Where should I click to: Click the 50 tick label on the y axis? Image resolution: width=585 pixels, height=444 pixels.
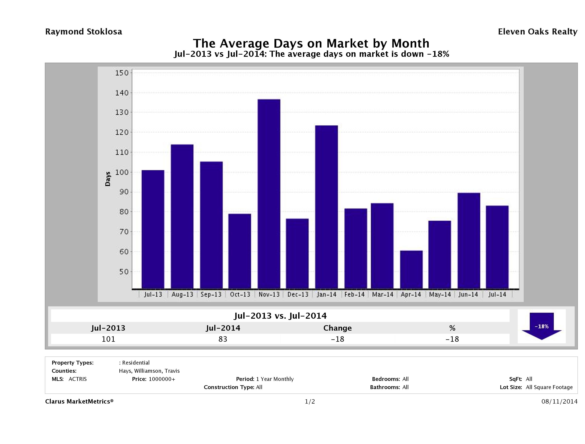click(123, 272)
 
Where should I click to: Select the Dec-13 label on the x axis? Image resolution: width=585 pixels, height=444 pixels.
click(298, 295)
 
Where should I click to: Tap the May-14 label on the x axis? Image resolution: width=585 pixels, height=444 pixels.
click(440, 295)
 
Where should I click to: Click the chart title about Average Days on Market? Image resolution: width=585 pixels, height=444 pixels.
click(311, 43)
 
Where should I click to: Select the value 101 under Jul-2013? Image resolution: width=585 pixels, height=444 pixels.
click(108, 339)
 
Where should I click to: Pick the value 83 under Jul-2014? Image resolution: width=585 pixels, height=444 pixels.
click(223, 339)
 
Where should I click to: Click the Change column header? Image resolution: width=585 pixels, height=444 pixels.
click(338, 328)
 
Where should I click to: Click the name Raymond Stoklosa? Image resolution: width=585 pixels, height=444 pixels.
click(84, 32)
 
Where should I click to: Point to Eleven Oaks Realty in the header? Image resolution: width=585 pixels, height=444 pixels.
click(537, 32)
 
